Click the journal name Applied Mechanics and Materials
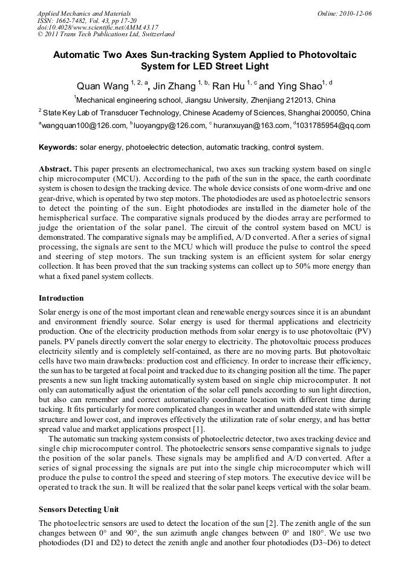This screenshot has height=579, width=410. [x=83, y=13]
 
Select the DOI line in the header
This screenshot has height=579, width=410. [x=98, y=27]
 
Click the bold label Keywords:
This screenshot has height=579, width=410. [x=58, y=147]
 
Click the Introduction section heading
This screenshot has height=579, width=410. [x=61, y=298]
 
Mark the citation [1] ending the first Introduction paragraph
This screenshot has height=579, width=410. [x=199, y=429]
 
